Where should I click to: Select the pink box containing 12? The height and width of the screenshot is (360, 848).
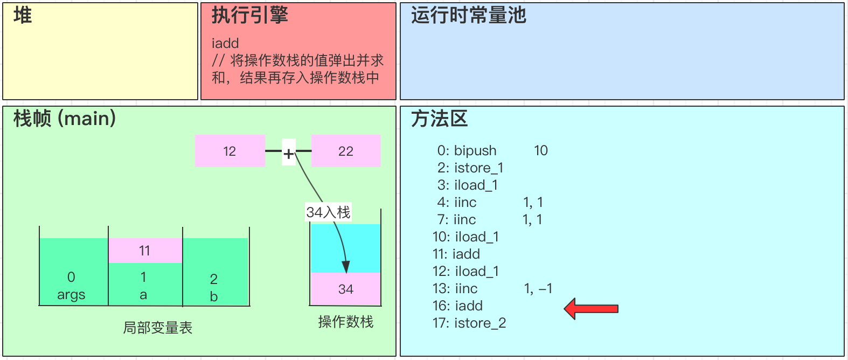pyautogui.click(x=230, y=151)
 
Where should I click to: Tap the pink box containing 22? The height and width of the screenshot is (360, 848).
pyautogui.click(x=346, y=151)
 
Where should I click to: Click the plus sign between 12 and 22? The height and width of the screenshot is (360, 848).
pyautogui.click(x=289, y=154)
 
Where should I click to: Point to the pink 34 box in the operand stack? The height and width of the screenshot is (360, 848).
pyautogui.click(x=346, y=289)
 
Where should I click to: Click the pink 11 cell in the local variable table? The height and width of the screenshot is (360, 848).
pyautogui.click(x=145, y=251)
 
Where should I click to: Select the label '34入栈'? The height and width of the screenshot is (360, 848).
pyautogui.click(x=328, y=212)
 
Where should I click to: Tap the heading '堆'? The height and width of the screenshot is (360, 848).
pyautogui.click(x=23, y=16)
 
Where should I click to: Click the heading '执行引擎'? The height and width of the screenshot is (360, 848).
pyautogui.click(x=249, y=16)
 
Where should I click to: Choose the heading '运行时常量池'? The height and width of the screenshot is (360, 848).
pyautogui.click(x=468, y=16)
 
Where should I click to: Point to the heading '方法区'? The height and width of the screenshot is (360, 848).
pyautogui.click(x=439, y=119)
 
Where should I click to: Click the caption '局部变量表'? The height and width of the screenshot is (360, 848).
pyautogui.click(x=157, y=328)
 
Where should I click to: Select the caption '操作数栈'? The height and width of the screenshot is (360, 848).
pyautogui.click(x=346, y=322)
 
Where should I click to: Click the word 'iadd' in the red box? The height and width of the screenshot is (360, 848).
pyautogui.click(x=225, y=43)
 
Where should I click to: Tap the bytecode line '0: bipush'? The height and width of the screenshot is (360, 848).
pyautogui.click(x=467, y=150)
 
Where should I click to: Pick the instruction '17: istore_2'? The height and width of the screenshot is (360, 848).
pyautogui.click(x=469, y=323)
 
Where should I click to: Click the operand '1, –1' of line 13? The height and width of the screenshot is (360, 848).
pyautogui.click(x=538, y=288)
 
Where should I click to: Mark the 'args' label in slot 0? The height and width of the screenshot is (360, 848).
pyautogui.click(x=71, y=295)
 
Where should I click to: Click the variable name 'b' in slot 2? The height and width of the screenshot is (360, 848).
pyautogui.click(x=214, y=296)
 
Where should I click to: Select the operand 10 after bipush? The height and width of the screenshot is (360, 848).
pyautogui.click(x=541, y=150)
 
